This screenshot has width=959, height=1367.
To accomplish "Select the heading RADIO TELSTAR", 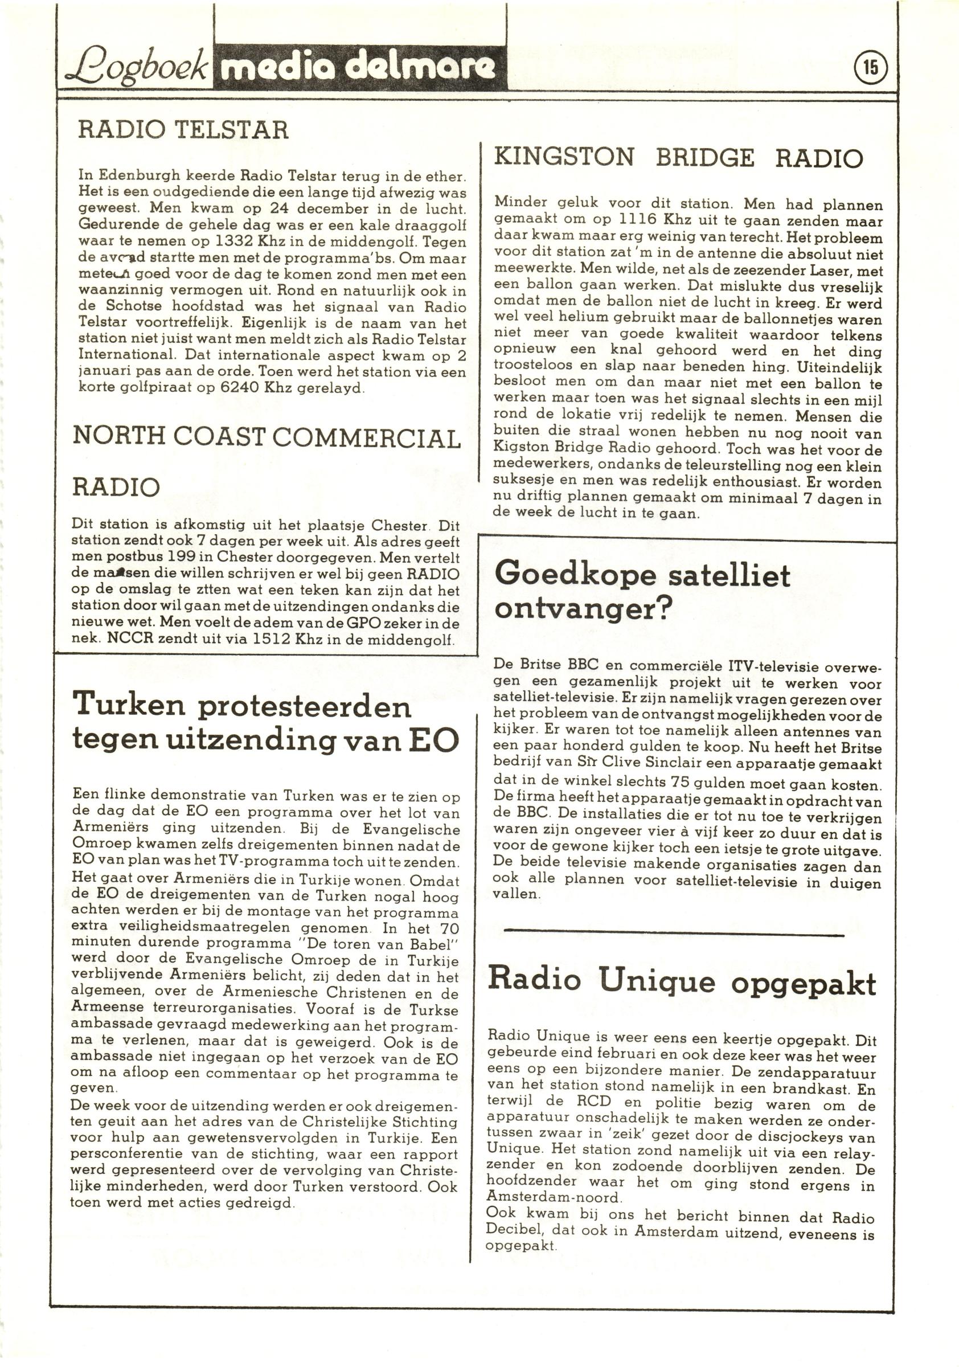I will pyautogui.click(x=183, y=129).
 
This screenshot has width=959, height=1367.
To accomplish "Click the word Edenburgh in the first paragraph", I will pyautogui.click(x=140, y=176).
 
